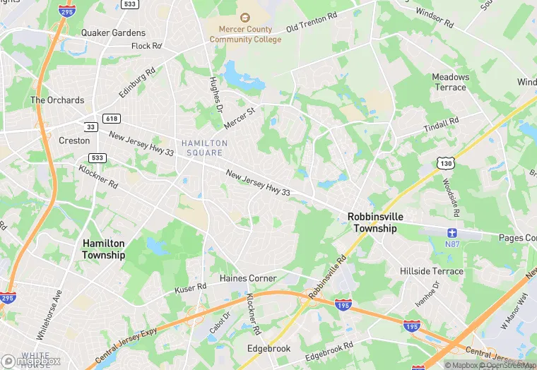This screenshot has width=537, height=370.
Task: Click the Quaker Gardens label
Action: pyautogui.click(x=113, y=32)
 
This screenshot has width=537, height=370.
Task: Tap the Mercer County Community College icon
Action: pyautogui.click(x=244, y=17)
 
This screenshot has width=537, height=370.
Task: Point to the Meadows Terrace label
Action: pyautogui.click(x=450, y=82)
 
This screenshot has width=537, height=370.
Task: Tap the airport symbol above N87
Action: pyautogui.click(x=453, y=232)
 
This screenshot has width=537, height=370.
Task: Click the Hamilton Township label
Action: pyautogui.click(x=103, y=249)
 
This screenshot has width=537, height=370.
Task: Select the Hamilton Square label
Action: pyautogui.click(x=204, y=148)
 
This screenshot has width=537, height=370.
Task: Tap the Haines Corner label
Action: pyautogui.click(x=248, y=278)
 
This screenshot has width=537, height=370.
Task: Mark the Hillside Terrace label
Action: pyautogui.click(x=432, y=271)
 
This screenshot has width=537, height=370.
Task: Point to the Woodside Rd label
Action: pyautogui.click(x=452, y=197)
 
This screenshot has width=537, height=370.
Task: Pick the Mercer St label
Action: pyautogui.click(x=239, y=118)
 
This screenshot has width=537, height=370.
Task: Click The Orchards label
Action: pyautogui.click(x=57, y=100)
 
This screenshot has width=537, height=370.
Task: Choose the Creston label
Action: pyautogui.click(x=74, y=141)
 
